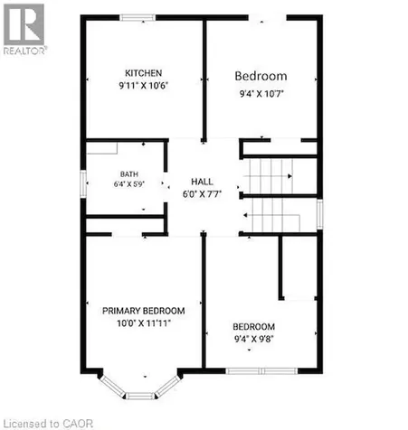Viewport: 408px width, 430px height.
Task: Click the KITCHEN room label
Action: pos(144,73)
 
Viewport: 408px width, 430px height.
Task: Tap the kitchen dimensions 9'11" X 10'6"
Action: pos(144,86)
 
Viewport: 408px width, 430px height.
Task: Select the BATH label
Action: pos(129,174)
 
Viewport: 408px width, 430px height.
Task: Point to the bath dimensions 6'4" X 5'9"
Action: pos(129,184)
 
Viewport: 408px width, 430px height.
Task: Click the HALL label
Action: pos(202,182)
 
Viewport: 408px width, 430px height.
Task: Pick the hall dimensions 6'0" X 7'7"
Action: pos(202,194)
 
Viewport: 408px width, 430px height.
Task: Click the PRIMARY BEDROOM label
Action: pos(144,311)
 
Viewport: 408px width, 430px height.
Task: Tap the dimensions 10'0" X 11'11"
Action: pos(144,323)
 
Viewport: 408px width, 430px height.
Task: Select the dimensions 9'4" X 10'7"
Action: pos(261,94)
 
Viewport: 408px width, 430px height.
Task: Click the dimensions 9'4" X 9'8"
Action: pos(254,339)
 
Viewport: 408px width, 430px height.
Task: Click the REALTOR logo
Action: pos(24,29)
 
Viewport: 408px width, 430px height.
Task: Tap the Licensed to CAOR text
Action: pos(47,424)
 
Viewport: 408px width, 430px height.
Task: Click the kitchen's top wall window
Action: pos(138,17)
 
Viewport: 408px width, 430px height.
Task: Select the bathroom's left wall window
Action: pos(83,184)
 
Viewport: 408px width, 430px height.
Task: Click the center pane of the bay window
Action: pos(140,396)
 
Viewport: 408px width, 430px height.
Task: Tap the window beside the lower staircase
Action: pos(320,214)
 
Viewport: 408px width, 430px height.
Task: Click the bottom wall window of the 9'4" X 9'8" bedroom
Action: pos(261,371)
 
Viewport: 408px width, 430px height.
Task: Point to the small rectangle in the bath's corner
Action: pos(102,148)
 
